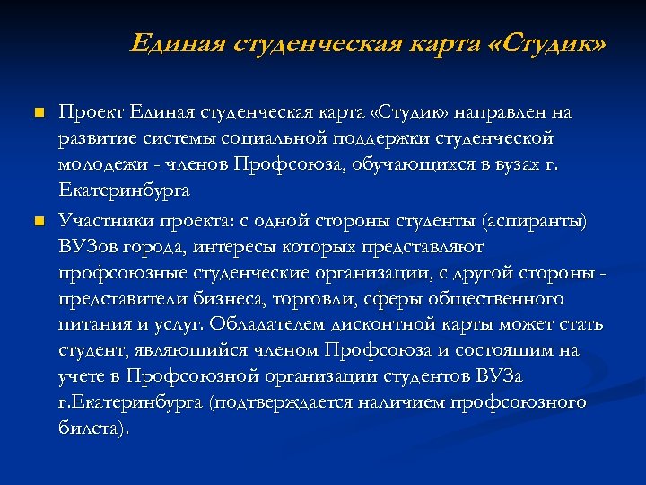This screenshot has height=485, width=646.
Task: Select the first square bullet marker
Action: tap(38, 113)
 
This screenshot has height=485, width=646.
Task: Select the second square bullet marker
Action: tap(38, 219)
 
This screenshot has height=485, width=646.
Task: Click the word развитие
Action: tap(98, 140)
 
